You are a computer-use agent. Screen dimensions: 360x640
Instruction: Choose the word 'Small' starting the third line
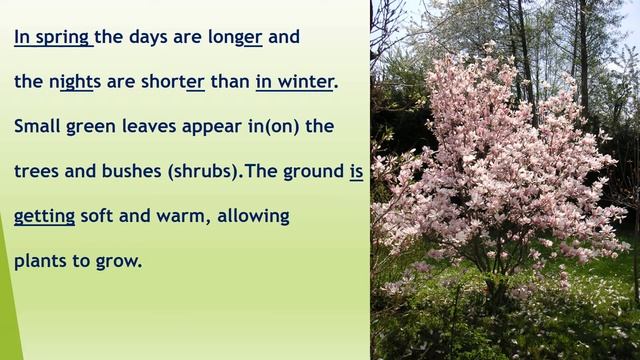coord(37,127)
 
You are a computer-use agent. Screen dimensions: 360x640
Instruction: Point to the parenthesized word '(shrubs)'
coord(203,172)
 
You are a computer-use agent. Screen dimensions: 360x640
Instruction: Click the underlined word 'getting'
coord(44,217)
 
